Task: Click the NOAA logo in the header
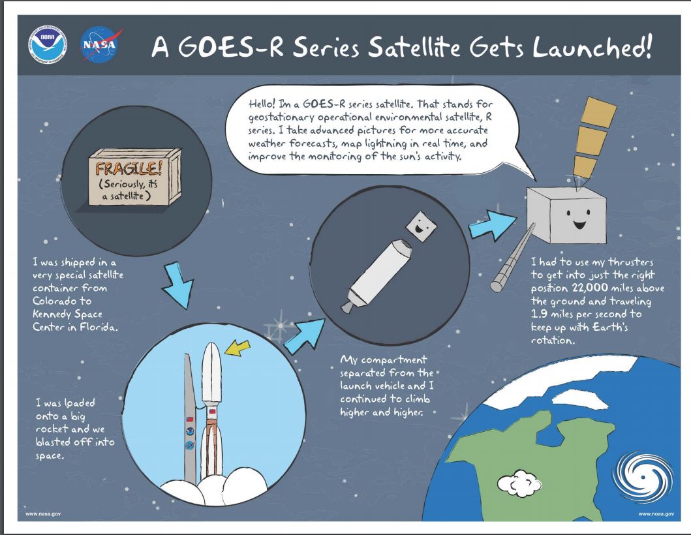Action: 48,44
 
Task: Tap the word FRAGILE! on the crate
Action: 129,169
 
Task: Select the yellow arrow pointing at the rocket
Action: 237,348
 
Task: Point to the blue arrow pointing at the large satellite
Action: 492,225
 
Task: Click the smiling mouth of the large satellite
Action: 579,225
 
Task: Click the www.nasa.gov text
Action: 43,514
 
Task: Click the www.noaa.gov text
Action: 656,514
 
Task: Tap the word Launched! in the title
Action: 591,47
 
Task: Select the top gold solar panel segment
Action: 598,112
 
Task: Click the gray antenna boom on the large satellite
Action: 513,257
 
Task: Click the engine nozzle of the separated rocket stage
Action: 347,307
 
